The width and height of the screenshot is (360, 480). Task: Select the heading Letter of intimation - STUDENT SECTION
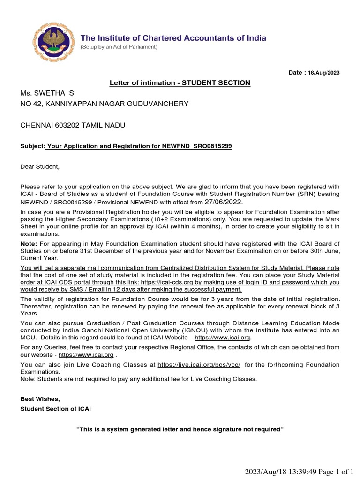180,83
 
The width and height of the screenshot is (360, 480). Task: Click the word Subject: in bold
32,147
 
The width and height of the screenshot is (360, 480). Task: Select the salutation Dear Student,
40,166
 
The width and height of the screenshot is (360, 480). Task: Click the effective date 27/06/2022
224,202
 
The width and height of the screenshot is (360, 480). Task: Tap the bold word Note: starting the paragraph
29,244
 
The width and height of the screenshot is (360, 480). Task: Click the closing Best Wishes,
40,399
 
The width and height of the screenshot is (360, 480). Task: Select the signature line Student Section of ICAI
56,409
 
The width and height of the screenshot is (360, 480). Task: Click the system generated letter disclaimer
180,429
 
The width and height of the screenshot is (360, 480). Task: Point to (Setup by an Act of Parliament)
120,47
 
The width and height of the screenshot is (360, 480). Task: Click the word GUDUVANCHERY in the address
160,104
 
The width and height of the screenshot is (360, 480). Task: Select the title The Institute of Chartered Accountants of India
173,38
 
